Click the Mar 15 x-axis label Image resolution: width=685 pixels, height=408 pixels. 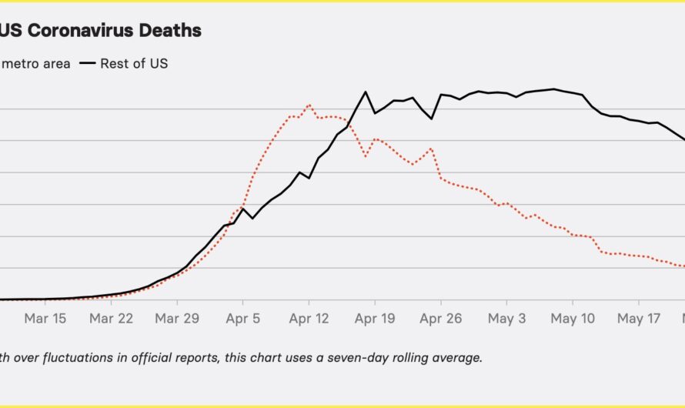45,318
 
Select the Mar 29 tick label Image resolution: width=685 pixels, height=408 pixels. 177,318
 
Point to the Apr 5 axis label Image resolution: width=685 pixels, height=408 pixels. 242,318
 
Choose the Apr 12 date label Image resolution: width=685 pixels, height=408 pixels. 309,318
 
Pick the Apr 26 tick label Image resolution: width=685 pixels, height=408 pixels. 440,318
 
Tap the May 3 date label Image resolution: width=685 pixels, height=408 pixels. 506,318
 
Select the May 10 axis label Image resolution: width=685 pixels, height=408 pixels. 573,318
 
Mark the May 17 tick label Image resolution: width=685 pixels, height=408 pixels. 640,318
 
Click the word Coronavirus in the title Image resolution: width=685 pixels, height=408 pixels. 75,31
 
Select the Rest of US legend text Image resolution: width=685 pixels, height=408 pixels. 134,63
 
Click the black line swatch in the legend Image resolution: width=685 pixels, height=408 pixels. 87,63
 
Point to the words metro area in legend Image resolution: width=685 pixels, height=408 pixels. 35,63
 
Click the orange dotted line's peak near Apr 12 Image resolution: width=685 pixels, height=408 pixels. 309,105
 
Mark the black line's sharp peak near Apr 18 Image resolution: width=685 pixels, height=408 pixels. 366,92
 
